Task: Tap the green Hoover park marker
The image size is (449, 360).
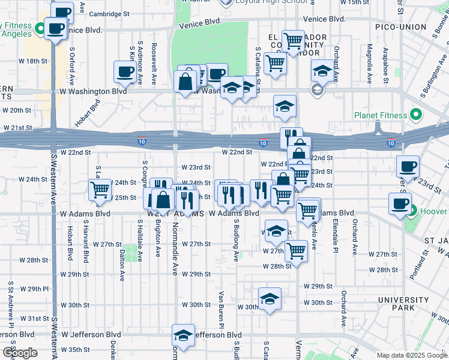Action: [414, 211]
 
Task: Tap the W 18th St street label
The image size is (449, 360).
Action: [32, 61]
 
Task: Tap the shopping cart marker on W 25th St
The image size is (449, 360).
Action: [100, 190]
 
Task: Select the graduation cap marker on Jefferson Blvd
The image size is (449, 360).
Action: [183, 335]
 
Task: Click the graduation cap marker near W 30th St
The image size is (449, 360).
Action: [270, 299]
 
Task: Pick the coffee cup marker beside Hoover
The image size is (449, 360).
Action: [400, 203]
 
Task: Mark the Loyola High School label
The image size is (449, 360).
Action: [264, 2]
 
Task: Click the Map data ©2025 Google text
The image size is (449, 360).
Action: [411, 355]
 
